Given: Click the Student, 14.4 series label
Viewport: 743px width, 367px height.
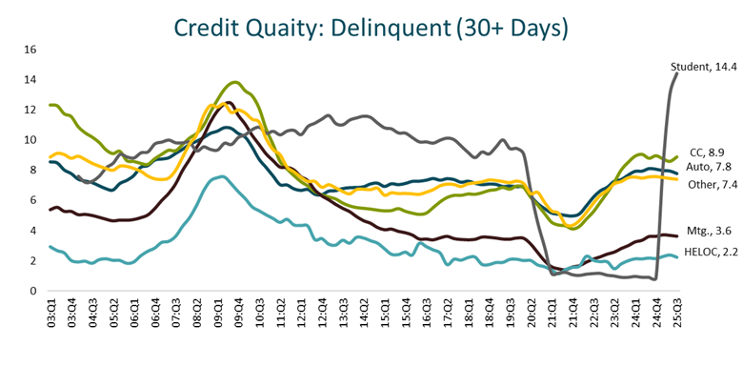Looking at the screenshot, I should pos(704,65).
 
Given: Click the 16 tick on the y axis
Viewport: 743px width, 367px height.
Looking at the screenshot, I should pos(30,50).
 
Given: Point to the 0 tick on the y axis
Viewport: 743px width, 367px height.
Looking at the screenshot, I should pos(32,291).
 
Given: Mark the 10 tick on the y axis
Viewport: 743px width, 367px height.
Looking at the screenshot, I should pos(30,140).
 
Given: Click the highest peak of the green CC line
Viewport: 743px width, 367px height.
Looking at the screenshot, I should pos(234,82).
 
